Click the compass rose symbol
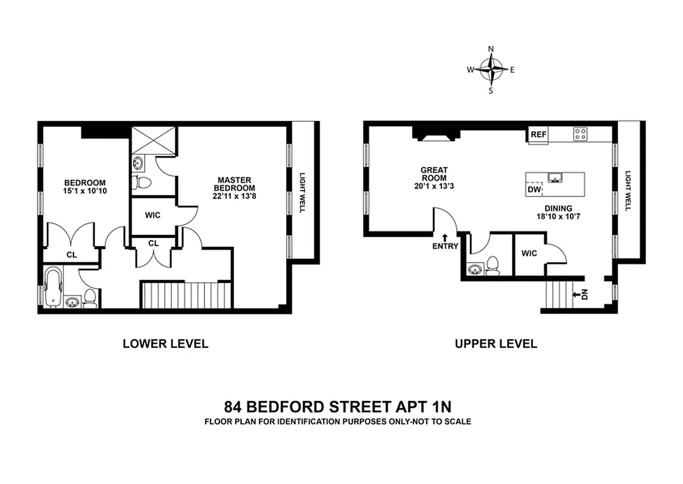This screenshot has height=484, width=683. (491, 70)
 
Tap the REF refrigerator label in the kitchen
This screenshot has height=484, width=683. (537, 135)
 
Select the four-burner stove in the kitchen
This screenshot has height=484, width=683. (581, 134)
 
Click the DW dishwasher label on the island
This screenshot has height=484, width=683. (534, 190)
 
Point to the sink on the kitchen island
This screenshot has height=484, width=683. (555, 177)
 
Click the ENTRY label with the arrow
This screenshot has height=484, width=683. (445, 243)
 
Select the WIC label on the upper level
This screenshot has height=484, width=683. (529, 253)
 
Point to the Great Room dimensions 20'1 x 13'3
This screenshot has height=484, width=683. (434, 186)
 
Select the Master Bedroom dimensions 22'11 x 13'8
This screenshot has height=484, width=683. (234, 196)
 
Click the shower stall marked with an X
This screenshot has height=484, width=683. (153, 139)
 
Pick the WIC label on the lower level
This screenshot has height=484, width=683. (152, 215)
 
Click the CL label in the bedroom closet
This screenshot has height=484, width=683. (71, 255)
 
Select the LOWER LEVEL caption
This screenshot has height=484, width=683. (165, 344)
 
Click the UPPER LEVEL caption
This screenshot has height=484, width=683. (495, 344)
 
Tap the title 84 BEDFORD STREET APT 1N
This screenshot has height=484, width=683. (338, 405)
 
